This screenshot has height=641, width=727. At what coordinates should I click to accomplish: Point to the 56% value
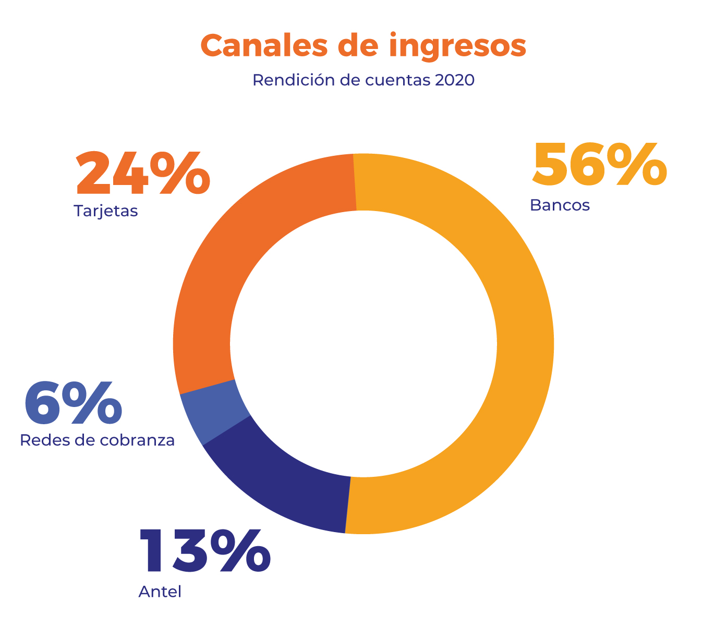pyautogui.click(x=599, y=165)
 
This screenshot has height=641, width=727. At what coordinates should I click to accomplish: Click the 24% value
pyautogui.click(x=143, y=174)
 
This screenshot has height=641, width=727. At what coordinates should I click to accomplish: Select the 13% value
pyautogui.click(x=204, y=551)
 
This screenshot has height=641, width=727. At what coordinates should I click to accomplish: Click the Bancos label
pyautogui.click(x=560, y=205)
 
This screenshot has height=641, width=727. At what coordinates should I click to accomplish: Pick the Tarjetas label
pyautogui.click(x=106, y=212)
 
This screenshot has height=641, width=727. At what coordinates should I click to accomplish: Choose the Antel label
pyautogui.click(x=160, y=592)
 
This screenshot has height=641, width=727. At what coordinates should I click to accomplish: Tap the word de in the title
pyautogui.click(x=357, y=46)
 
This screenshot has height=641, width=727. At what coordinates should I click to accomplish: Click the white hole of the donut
pyautogui.click(x=363, y=344)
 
